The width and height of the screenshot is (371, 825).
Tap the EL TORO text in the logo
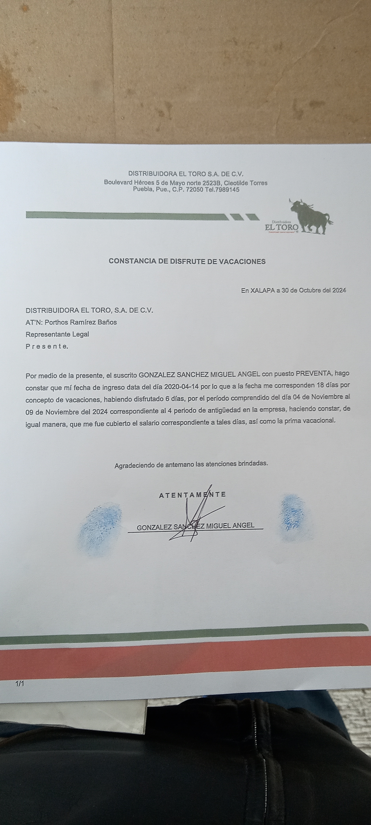click(x=281, y=227)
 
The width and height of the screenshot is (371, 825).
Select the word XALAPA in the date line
click(x=262, y=291)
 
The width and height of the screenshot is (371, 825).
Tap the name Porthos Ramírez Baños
click(x=81, y=322)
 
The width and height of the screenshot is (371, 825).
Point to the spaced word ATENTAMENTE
click(x=192, y=494)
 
